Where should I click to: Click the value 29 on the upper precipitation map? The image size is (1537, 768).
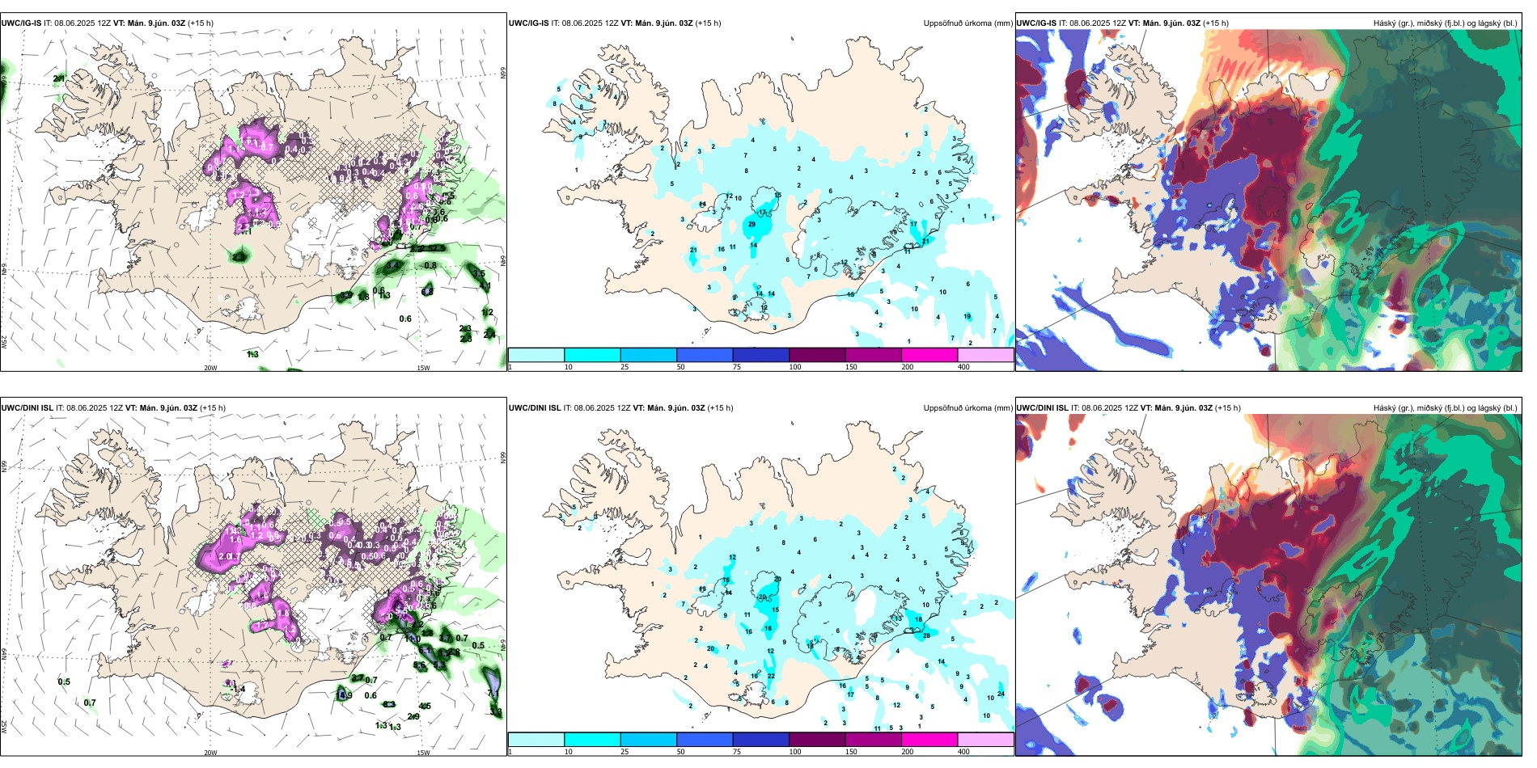tap(752, 224)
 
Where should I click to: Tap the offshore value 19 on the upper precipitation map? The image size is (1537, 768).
tap(968, 316)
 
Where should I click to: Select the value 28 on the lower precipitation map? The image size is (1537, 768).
tap(926, 635)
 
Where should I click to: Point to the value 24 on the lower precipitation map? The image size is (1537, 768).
tap(1001, 694)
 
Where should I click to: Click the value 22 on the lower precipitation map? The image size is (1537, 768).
tap(771, 676)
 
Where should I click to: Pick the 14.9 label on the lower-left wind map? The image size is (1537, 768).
tap(344, 695)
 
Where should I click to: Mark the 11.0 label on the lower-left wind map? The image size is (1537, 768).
tap(413, 639)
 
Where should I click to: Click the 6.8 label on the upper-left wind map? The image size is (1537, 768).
tap(427, 292)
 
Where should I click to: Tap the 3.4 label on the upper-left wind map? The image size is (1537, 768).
tap(393, 265)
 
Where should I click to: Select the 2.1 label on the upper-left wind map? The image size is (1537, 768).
tap(59, 78)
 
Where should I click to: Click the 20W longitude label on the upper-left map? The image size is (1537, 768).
tap(210, 368)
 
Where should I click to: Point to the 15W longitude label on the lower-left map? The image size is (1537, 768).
tap(423, 753)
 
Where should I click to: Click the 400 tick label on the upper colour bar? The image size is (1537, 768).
tap(963, 367)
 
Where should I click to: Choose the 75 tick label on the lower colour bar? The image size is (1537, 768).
tap(737, 752)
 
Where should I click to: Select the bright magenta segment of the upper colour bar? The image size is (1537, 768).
tap(929, 355)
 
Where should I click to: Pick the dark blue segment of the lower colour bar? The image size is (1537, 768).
tap(760, 740)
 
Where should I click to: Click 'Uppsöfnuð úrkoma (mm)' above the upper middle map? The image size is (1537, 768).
tap(968, 23)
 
